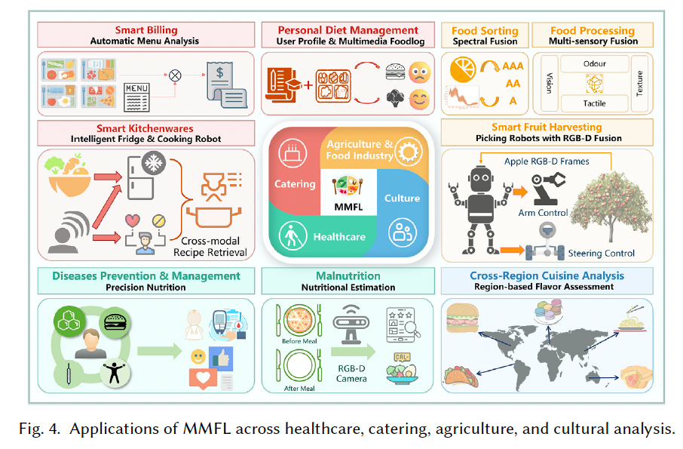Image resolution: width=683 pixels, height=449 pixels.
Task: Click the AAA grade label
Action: click(x=513, y=67)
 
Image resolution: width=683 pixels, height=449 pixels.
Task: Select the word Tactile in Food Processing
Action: click(x=594, y=103)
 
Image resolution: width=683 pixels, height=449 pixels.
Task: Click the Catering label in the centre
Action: click(x=295, y=184)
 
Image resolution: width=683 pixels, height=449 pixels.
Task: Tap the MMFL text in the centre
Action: click(x=347, y=205)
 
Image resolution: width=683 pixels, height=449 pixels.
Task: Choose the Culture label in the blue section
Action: click(x=402, y=198)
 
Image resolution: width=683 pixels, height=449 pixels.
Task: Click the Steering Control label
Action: click(x=602, y=253)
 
